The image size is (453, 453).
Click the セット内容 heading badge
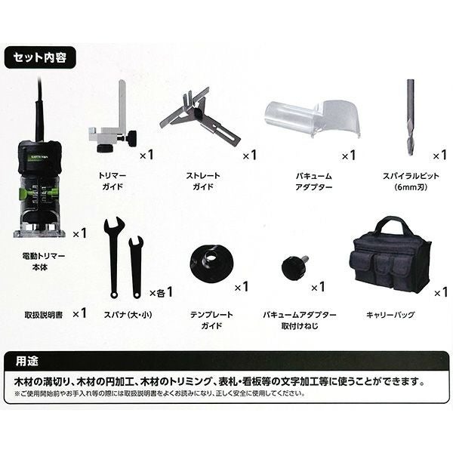pos(40,57)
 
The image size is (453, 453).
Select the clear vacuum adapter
pos(312,118)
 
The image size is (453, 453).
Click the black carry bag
pos(391,255)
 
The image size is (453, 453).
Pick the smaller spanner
pos(136,267)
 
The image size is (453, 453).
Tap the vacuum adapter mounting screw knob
pos(294,268)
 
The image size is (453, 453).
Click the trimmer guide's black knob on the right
pos(132,135)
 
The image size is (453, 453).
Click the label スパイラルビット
pos(411,176)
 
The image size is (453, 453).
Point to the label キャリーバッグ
pos(390,315)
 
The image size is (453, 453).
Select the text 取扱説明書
pos(44,315)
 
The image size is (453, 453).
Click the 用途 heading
pos(27,362)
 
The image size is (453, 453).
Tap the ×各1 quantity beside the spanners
pos(162,292)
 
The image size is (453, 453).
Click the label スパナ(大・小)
pos(128,315)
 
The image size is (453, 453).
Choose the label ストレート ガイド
pos(203,181)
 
